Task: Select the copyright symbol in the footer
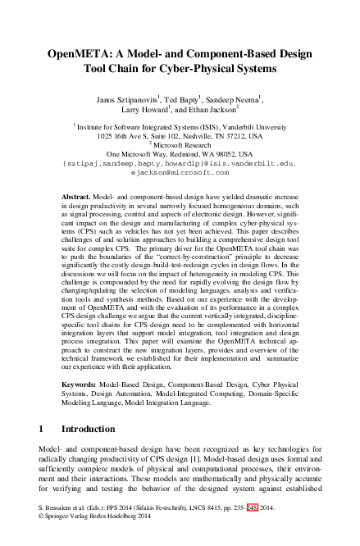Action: (x=42, y=539)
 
